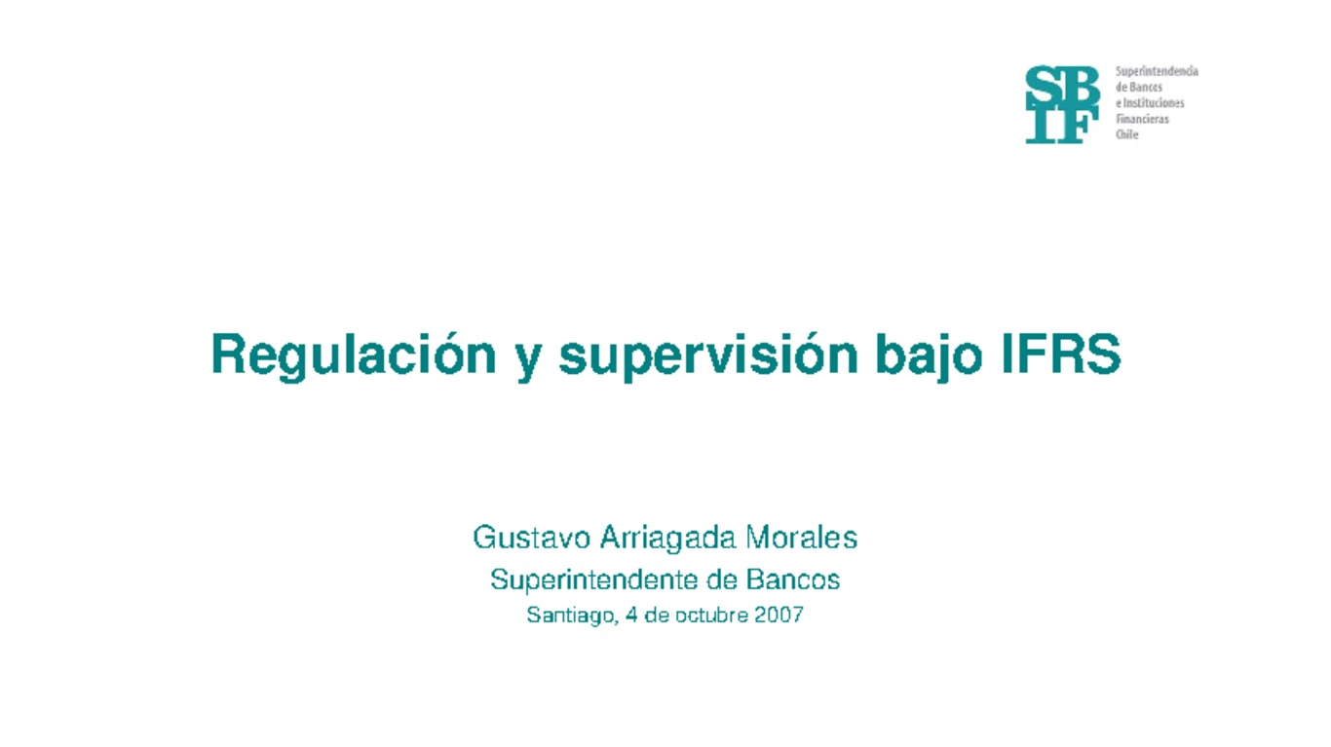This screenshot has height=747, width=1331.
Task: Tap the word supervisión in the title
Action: tap(708, 356)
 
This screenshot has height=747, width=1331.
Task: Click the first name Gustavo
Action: tap(531, 537)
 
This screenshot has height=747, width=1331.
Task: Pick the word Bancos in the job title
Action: tap(793, 580)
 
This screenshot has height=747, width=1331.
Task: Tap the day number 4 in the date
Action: tap(632, 616)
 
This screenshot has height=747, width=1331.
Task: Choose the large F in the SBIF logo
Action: tap(1079, 126)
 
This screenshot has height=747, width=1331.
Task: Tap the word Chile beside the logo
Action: tap(1126, 135)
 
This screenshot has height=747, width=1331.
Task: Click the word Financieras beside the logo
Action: tap(1142, 119)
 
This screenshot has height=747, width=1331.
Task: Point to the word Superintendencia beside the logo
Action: tap(1157, 72)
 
